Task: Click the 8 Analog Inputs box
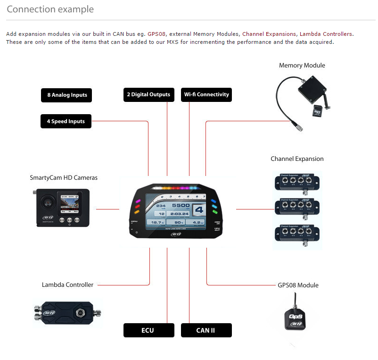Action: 66,95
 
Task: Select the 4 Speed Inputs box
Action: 66,121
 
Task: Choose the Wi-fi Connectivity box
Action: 206,94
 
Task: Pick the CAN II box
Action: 205,330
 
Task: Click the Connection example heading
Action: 50,9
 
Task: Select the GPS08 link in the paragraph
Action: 156,34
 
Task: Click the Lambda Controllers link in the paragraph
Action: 326,34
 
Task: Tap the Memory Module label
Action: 302,66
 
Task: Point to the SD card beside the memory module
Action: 317,111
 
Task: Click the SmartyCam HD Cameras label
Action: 64,178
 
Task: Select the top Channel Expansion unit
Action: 296,181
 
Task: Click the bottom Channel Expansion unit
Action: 296,234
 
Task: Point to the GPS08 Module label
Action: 298,285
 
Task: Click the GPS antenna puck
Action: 296,318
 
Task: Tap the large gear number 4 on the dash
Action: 199,211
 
